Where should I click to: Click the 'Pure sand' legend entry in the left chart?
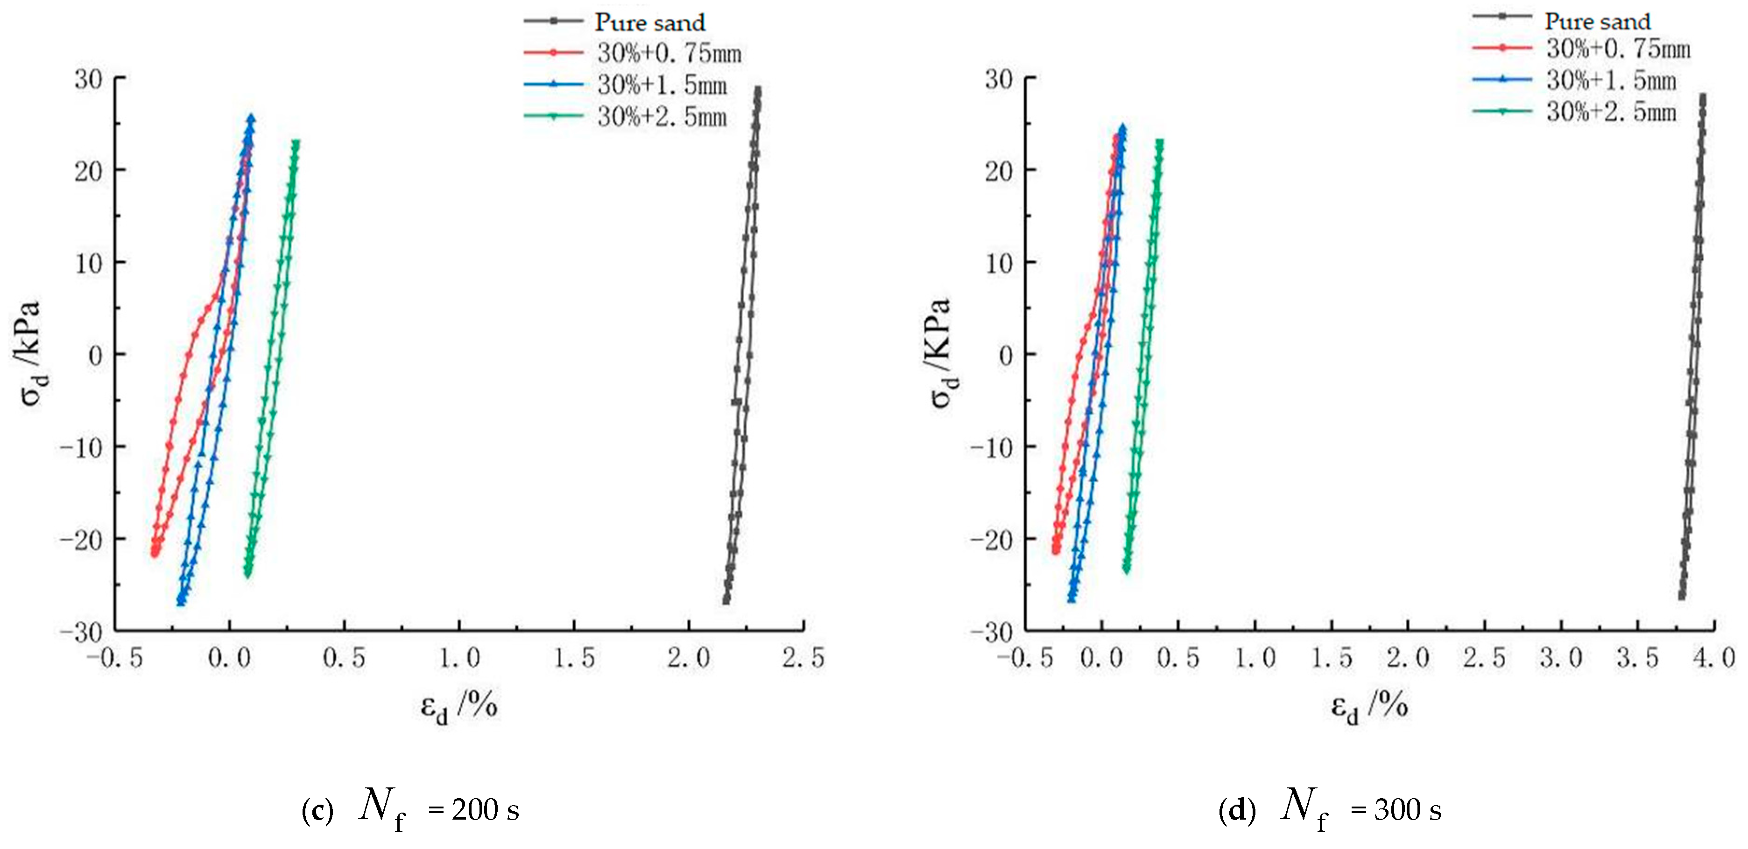(649, 22)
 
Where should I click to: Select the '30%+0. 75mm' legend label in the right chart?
(1618, 49)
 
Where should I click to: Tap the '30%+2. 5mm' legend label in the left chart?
(662, 117)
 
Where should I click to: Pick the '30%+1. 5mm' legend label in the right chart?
(1610, 81)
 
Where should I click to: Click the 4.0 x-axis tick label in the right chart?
(1713, 658)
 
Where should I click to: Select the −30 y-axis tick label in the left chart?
(80, 632)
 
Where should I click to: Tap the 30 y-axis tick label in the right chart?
(999, 79)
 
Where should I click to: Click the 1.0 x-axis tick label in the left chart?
(459, 658)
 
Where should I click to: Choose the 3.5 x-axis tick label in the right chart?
(1637, 658)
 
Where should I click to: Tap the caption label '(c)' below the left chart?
(317, 810)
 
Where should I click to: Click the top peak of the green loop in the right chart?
(1159, 142)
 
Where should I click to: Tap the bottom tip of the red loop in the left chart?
(155, 553)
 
